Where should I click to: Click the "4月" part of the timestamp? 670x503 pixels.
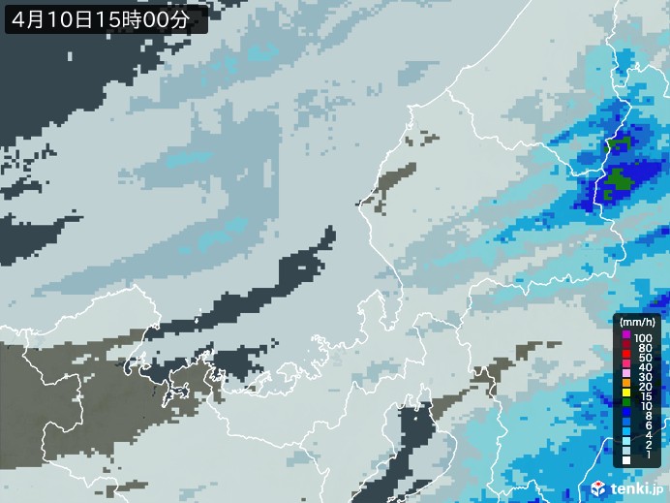[x=26, y=17]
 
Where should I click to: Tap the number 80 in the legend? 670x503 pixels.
[x=643, y=348]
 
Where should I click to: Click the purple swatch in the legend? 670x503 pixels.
[x=626, y=335]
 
